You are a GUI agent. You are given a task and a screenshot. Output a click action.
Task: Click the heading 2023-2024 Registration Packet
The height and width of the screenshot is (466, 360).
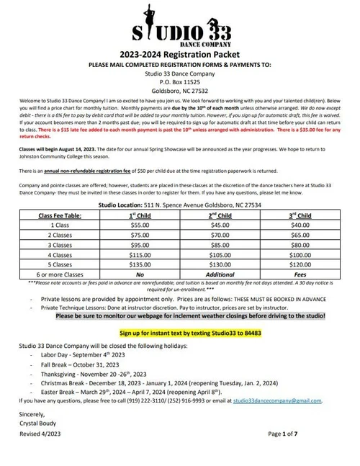click(x=179, y=53)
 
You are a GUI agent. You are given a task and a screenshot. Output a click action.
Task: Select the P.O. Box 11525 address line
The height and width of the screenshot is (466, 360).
click(x=179, y=82)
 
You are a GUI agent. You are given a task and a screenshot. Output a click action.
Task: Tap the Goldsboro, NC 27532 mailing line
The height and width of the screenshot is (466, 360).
click(x=179, y=91)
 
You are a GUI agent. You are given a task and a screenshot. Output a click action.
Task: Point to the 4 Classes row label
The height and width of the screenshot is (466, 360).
click(x=58, y=254)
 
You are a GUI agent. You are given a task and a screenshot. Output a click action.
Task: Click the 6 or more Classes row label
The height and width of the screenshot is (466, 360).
click(x=58, y=274)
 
